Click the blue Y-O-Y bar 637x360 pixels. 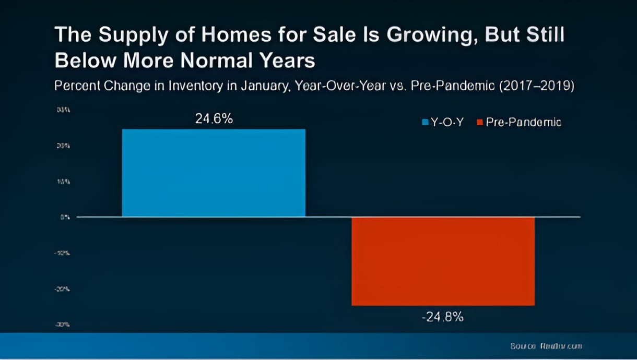pos(214,173)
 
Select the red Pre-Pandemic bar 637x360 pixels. pos(443,261)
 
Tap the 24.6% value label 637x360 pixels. pos(214,119)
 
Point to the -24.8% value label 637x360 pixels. pos(442,317)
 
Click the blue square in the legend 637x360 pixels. pos(425,123)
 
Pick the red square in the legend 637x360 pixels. pos(480,123)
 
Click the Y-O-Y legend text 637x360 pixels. pos(447,123)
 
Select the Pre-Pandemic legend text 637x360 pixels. pos(523,123)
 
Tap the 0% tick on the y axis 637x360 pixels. pos(65,217)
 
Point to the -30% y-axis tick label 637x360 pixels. pos(63,325)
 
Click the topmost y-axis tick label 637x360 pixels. pos(63,110)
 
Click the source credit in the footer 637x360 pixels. pos(546,346)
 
